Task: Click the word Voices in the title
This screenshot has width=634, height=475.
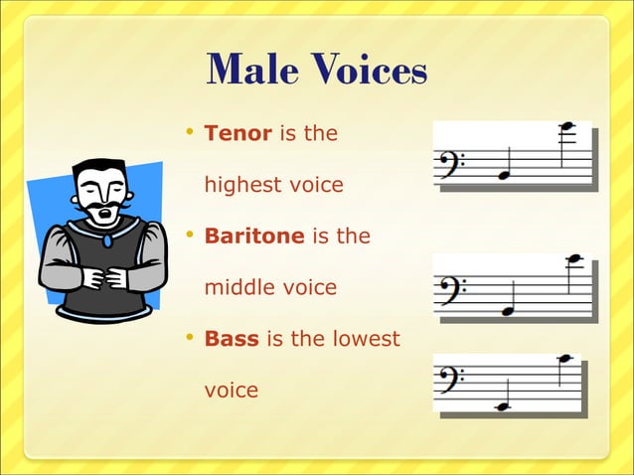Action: click(369, 70)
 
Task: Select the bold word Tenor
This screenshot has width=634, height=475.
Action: click(238, 132)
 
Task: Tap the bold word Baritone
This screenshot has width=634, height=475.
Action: click(253, 237)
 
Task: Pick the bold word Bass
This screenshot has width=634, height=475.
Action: click(231, 339)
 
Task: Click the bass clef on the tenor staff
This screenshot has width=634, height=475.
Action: click(453, 165)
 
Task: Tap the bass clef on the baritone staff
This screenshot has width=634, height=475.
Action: click(453, 292)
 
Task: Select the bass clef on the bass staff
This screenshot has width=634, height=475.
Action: click(452, 382)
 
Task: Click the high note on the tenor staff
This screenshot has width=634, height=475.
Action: click(567, 126)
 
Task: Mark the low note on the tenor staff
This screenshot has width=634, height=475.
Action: click(504, 175)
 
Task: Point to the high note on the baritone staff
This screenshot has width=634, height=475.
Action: click(572, 259)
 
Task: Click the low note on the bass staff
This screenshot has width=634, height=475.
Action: click(502, 406)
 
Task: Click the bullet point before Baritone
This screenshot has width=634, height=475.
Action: click(190, 236)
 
